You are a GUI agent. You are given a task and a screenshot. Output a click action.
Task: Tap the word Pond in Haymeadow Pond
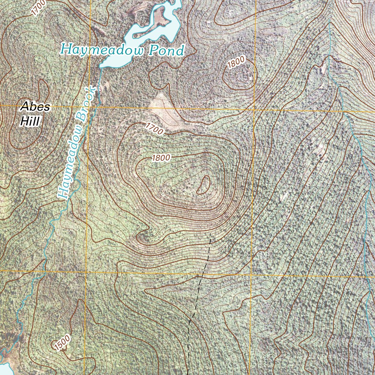click(x=166, y=51)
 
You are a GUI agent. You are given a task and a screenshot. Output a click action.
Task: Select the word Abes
click(x=35, y=107)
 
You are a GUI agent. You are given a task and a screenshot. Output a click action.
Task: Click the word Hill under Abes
click(x=30, y=121)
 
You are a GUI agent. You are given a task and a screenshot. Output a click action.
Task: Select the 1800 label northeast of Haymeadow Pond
click(x=235, y=63)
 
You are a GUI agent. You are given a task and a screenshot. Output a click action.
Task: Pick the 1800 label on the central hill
click(x=161, y=158)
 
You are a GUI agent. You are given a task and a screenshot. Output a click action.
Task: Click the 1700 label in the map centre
click(x=154, y=128)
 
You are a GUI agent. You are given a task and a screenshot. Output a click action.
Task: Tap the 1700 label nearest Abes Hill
click(x=38, y=8)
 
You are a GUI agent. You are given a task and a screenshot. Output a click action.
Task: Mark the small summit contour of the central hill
click(x=204, y=185)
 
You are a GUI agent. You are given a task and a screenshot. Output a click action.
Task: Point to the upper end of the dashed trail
click(x=211, y=233)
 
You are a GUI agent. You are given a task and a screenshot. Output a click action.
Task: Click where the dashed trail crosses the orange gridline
click(x=199, y=274)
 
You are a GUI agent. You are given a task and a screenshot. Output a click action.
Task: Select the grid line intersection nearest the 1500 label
click(x=86, y=272)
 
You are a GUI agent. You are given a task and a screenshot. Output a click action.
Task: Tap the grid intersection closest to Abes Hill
click(x=89, y=106)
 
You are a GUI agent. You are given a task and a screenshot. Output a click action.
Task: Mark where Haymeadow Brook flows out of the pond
click(x=101, y=68)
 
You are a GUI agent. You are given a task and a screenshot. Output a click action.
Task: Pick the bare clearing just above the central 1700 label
click(x=161, y=106)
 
